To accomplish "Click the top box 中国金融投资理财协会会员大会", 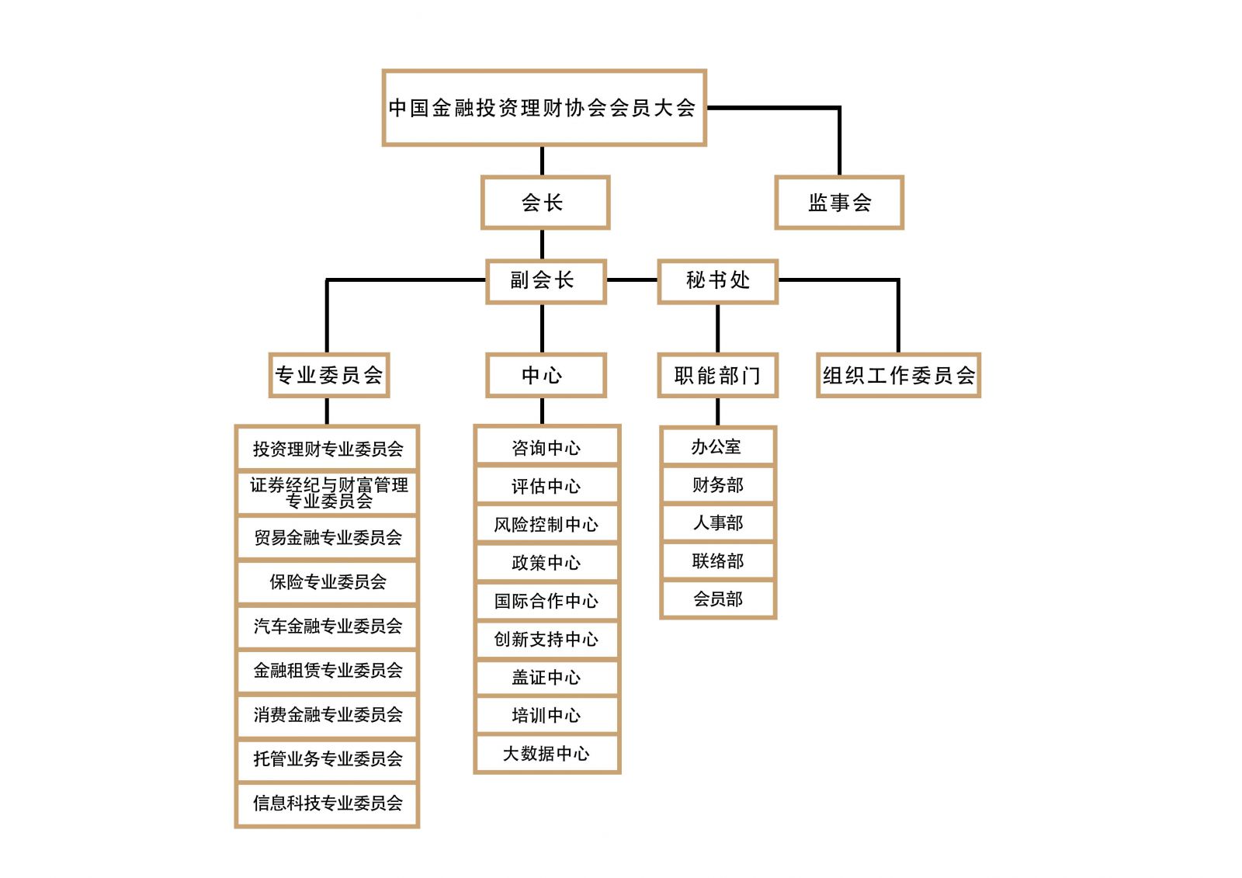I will (543, 108).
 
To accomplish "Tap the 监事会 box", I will (839, 203).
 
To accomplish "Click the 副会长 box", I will (545, 280).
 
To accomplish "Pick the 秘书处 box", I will (717, 280).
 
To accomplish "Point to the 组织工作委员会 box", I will (898, 376).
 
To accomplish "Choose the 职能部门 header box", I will (717, 376).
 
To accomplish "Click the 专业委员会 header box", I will (328, 376).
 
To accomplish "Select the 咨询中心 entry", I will (546, 448).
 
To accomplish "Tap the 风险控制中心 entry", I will (546, 525).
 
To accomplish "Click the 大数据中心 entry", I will (546, 754).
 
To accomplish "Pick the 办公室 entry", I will (717, 447).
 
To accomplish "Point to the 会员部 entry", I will (717, 599).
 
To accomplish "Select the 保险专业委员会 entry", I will (328, 582).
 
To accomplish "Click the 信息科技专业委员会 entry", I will (328, 803).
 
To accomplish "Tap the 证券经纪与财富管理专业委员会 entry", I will (328, 493).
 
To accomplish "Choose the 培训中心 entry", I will (546, 716).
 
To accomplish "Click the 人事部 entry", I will (717, 523).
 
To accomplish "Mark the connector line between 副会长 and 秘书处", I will (632, 279).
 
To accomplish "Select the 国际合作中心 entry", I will (546, 601).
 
